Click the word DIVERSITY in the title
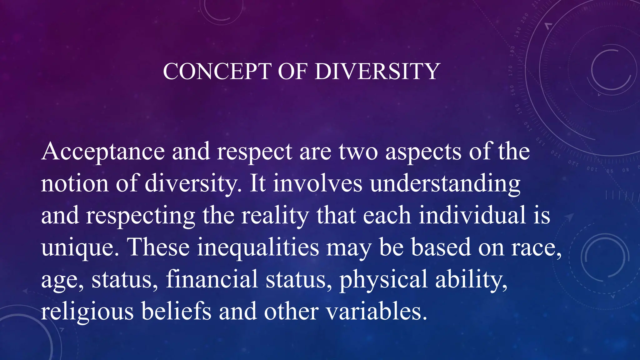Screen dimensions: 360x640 [x=377, y=72]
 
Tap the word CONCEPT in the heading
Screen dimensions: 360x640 [x=217, y=72]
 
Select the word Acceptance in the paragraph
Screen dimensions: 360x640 [x=103, y=152]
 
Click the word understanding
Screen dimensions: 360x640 [x=445, y=184]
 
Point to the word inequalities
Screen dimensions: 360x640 [x=258, y=247]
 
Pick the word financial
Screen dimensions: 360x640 [x=212, y=279]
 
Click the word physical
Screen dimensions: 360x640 [x=383, y=280]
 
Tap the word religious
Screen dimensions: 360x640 [x=87, y=312]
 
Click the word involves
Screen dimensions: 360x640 [x=318, y=184]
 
